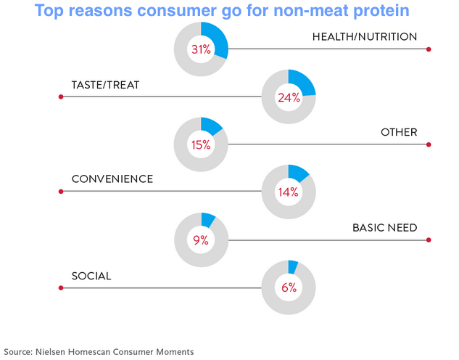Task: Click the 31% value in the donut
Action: pos(201,49)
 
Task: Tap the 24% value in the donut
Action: pos(289,97)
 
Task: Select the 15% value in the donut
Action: pos(201,144)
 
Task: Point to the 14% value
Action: pos(289,192)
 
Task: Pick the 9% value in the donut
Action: pos(201,240)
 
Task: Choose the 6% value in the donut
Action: pos(289,287)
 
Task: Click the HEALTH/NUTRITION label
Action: pos(365,36)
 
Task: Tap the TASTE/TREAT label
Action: pos(105,84)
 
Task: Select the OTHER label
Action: pos(399,132)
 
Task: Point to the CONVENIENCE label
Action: pos(112,179)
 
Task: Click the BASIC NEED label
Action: pos(385,227)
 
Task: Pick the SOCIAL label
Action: pos(91,275)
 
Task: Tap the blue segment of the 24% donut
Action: pos(304,82)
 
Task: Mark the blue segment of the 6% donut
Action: pos(293,266)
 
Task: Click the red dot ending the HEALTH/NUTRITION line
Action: pos(429,49)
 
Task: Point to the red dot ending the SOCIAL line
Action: pos(61,288)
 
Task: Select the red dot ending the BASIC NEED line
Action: pos(429,240)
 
